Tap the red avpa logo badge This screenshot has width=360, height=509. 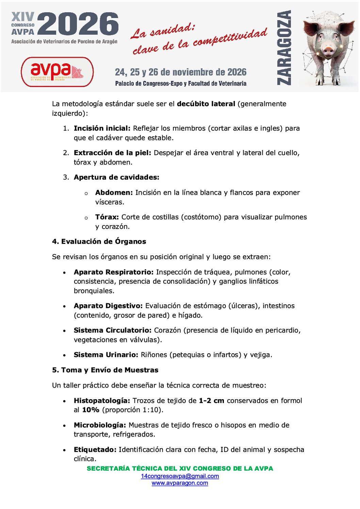(57, 72)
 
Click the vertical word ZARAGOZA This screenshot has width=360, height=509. (284, 48)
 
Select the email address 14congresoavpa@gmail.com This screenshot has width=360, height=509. (180, 476)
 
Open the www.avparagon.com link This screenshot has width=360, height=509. (180, 483)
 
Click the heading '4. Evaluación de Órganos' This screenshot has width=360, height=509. (99, 241)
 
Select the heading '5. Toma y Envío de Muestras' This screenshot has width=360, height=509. (105, 370)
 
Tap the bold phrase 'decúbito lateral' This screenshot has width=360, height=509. (206, 104)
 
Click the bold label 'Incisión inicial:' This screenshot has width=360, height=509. (102, 128)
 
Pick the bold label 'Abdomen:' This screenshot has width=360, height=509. (114, 192)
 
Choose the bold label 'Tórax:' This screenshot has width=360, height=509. (107, 217)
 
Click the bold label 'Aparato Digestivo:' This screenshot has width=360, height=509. (108, 306)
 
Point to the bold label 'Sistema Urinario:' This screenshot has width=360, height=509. (106, 355)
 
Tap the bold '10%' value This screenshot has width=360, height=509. (91, 410)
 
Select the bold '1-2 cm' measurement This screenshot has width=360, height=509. (211, 401)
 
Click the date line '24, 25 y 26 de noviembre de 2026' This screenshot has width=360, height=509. (181, 72)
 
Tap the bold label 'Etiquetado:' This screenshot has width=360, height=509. (95, 449)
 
